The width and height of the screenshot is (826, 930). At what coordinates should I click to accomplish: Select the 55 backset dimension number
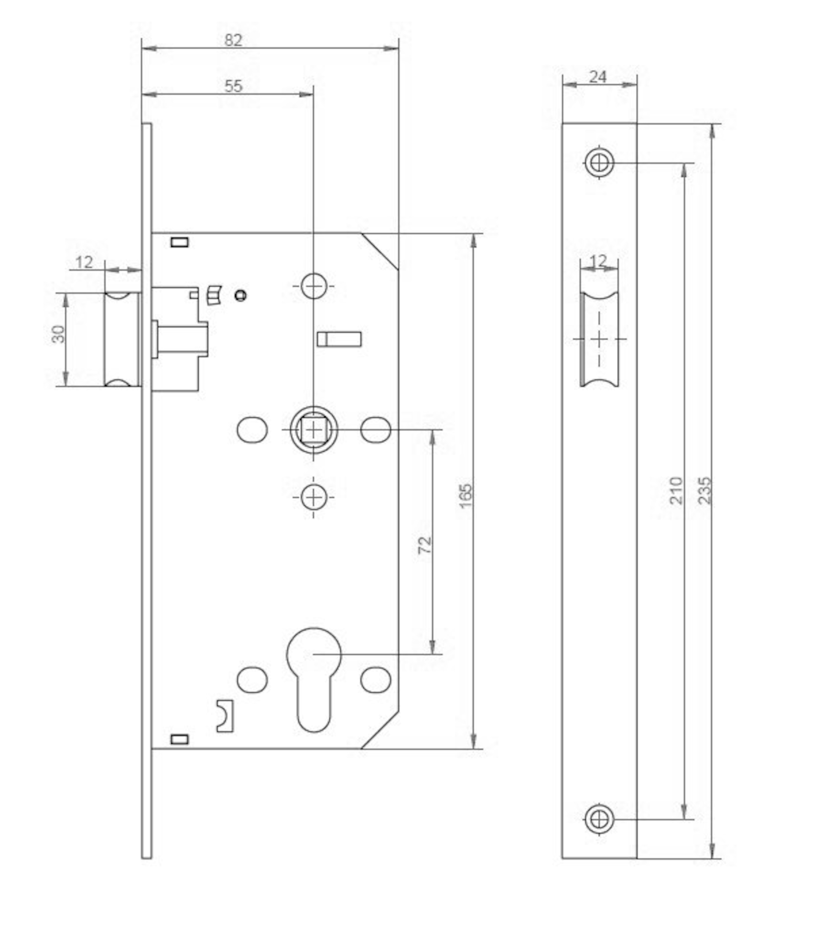(x=233, y=86)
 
